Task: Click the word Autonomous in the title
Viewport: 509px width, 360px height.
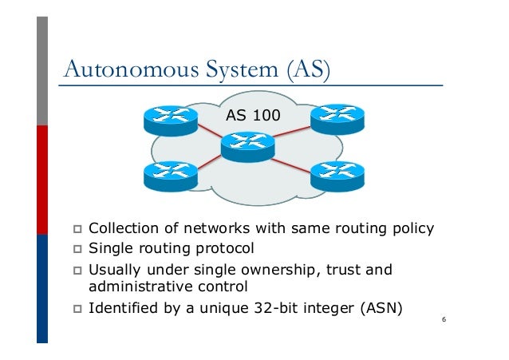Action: (x=132, y=69)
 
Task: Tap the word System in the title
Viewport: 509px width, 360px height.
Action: (x=242, y=70)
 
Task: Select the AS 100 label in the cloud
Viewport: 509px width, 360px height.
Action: (x=253, y=115)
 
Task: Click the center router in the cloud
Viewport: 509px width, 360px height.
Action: (x=247, y=147)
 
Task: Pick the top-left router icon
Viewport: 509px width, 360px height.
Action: (x=171, y=121)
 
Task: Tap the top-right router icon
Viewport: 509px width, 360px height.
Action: (x=337, y=119)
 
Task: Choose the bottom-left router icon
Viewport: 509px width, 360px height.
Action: (x=171, y=176)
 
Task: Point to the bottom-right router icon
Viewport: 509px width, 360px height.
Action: (x=337, y=176)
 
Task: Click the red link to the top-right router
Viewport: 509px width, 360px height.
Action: (x=292, y=132)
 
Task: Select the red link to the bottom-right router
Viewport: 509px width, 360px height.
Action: (x=291, y=166)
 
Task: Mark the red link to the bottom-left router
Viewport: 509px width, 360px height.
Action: (x=209, y=162)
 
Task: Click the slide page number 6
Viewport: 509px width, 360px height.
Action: (x=444, y=319)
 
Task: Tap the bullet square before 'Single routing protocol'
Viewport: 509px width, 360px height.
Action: (x=77, y=249)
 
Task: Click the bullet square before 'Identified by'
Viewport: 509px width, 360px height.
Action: (x=77, y=309)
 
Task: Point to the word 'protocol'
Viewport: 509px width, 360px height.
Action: (x=225, y=249)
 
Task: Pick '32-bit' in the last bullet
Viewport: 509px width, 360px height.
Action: (x=275, y=308)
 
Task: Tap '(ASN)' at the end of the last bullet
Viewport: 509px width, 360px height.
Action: (x=381, y=308)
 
